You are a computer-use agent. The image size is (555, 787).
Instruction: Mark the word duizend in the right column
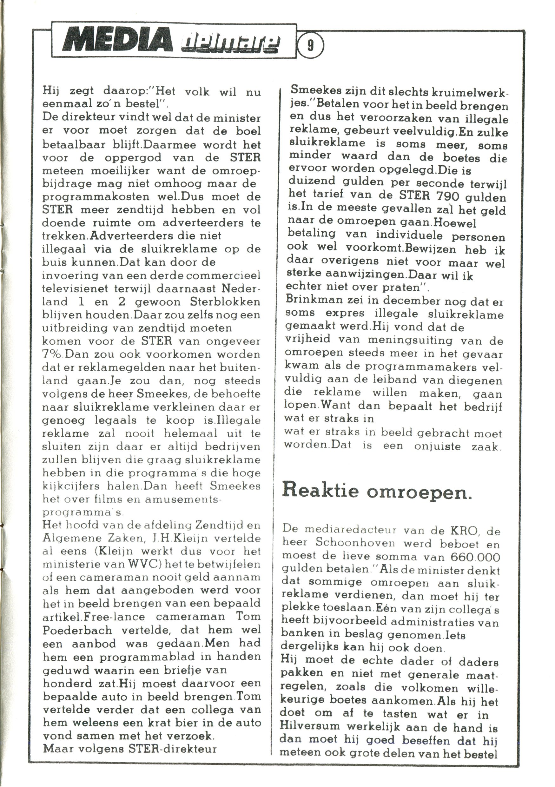[312, 183]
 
